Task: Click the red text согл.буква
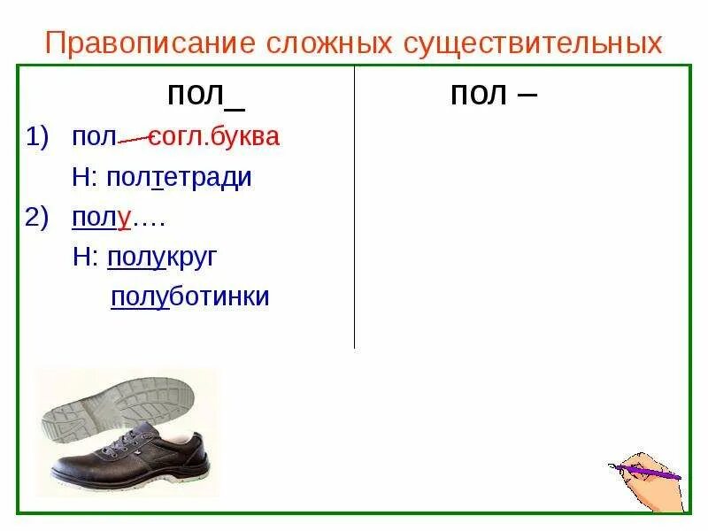[x=213, y=137]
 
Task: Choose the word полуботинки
[x=189, y=296]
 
